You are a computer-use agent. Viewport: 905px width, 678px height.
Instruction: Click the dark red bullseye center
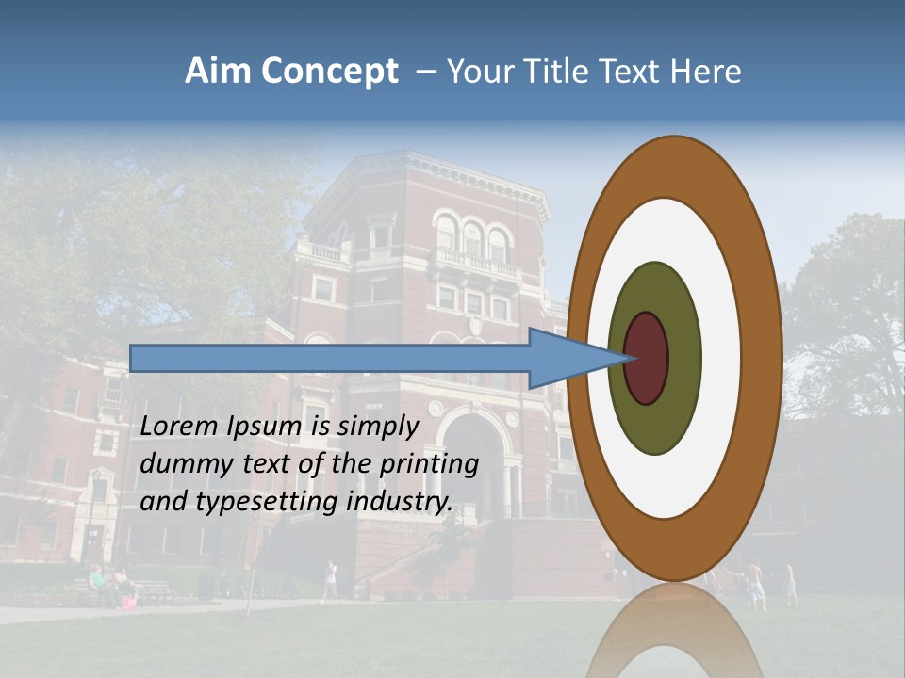pyautogui.click(x=646, y=358)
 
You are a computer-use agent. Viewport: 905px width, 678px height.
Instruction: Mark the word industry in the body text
pyautogui.click(x=400, y=502)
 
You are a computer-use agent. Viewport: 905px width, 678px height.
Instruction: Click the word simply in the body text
pyautogui.click(x=377, y=427)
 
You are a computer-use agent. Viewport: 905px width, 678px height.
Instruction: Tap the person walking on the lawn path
pyautogui.click(x=329, y=580)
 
